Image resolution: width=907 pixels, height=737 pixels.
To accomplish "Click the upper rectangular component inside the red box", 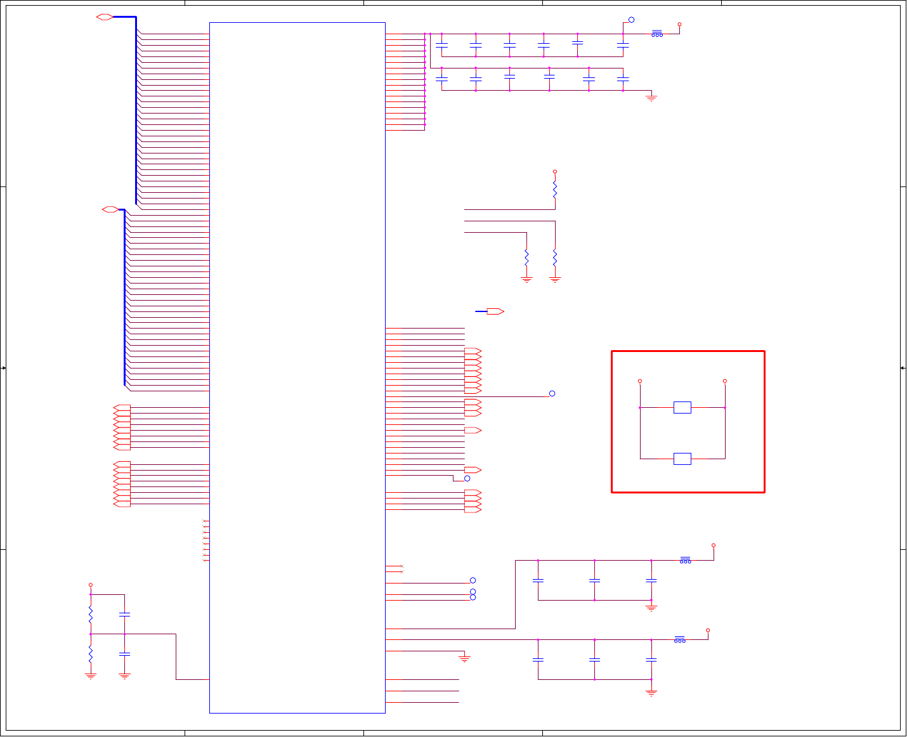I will click(x=682, y=407).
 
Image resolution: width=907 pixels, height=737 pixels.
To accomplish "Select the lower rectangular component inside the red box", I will click(x=682, y=459).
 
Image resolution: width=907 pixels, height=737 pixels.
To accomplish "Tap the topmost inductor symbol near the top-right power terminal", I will click(x=657, y=34).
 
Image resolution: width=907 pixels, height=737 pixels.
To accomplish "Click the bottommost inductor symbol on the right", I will click(x=680, y=639).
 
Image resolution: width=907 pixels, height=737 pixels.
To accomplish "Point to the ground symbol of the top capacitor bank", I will click(x=651, y=98).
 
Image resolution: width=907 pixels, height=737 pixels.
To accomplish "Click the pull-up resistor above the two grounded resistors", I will click(x=555, y=189).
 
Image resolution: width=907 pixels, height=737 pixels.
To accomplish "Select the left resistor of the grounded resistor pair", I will click(x=526, y=258).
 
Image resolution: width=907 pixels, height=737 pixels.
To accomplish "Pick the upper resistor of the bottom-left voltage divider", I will click(x=91, y=614).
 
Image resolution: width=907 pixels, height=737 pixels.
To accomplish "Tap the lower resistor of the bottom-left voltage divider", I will click(x=91, y=653).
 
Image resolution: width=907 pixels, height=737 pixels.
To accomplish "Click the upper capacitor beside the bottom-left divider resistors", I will click(x=125, y=614).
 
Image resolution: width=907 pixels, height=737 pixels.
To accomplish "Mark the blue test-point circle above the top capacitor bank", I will click(x=631, y=20).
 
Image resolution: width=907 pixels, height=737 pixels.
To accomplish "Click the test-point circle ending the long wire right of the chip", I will click(x=552, y=393).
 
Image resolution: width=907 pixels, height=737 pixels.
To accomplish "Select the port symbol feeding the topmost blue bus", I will click(x=105, y=17).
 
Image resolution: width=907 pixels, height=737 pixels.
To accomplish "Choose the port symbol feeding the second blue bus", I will click(x=110, y=209).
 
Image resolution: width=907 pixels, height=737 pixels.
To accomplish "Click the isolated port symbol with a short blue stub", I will click(x=495, y=311).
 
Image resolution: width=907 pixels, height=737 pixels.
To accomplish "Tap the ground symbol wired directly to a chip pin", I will click(x=464, y=659).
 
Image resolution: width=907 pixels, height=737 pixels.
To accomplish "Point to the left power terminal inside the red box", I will click(x=640, y=381).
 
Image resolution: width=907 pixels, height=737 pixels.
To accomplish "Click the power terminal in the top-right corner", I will click(x=679, y=24).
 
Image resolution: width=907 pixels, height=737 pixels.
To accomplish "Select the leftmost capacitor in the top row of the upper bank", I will click(x=442, y=45).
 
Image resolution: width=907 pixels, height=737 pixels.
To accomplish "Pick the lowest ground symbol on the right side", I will click(x=651, y=693).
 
